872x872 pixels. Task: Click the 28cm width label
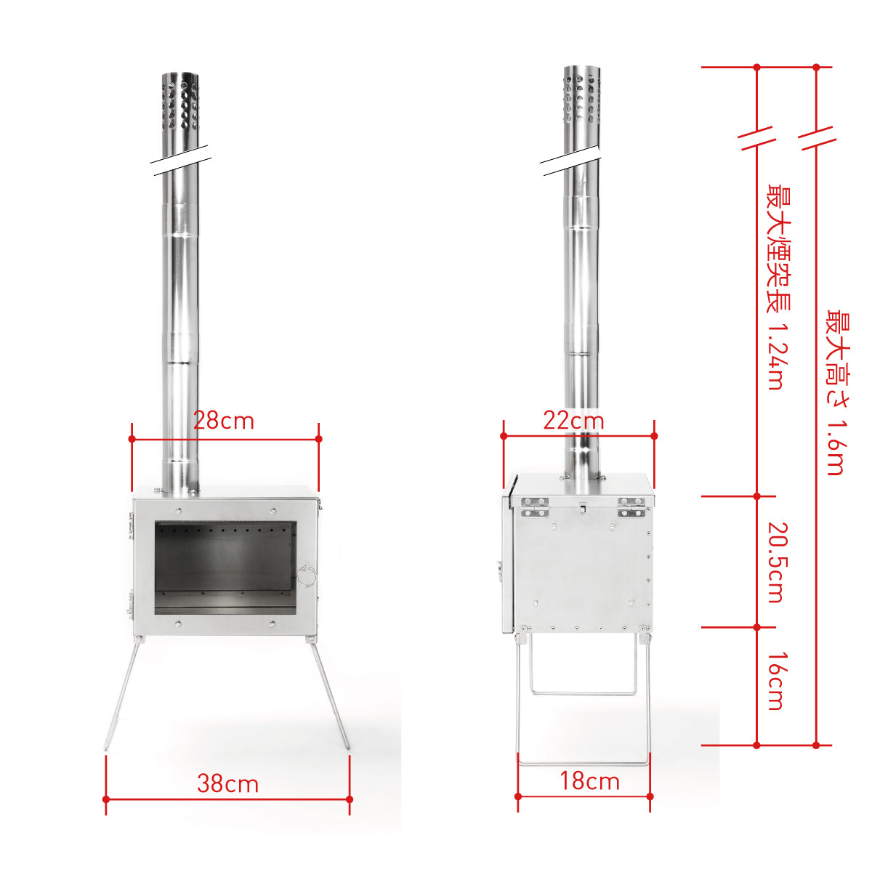click(x=224, y=421)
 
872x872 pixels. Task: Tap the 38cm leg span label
click(x=227, y=784)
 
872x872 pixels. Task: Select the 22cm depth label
click(x=573, y=421)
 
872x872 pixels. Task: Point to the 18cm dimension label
click(x=589, y=781)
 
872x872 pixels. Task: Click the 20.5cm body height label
click(x=778, y=562)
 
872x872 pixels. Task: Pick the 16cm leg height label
click(x=778, y=681)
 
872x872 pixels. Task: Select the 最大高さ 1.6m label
click(x=838, y=392)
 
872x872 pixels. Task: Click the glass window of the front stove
click(x=225, y=568)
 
